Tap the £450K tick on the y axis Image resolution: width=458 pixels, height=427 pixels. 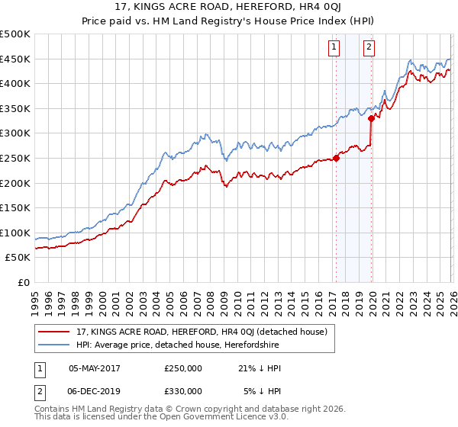pos(15,59)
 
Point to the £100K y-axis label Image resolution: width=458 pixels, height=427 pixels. pos(15,233)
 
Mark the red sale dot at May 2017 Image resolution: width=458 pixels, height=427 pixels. pos(336,159)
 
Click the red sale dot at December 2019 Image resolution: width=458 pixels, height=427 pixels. pos(371,118)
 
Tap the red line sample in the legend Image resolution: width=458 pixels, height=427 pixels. pos(55,332)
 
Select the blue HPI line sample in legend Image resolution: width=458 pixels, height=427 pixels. pos(55,345)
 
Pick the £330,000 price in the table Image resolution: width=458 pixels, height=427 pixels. pos(183,391)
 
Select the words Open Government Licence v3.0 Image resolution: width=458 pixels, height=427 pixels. pos(228,418)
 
